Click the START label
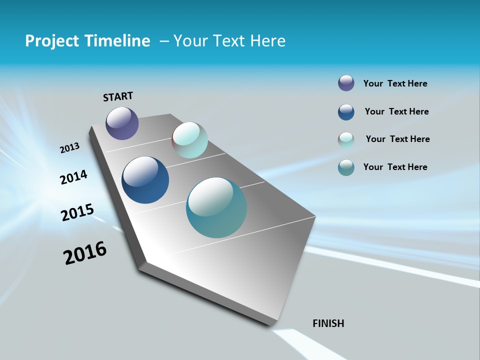coord(118,96)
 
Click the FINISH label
coord(328,323)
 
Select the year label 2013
coord(70,148)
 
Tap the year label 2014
coord(74,177)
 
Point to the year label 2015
coord(77,212)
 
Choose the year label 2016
coord(85,253)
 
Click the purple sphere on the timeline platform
coord(122,123)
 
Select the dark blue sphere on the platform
coord(145,180)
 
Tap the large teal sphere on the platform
coord(216,207)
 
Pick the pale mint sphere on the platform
coord(190,140)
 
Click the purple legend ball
coord(346,83)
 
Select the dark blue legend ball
coord(346,112)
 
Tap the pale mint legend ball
coord(346,140)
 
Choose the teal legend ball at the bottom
coord(346,167)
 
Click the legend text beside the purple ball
coord(395,84)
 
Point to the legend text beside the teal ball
coord(395,167)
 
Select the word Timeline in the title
coord(118,41)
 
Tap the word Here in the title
coord(268,41)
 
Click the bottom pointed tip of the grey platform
coord(270,325)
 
